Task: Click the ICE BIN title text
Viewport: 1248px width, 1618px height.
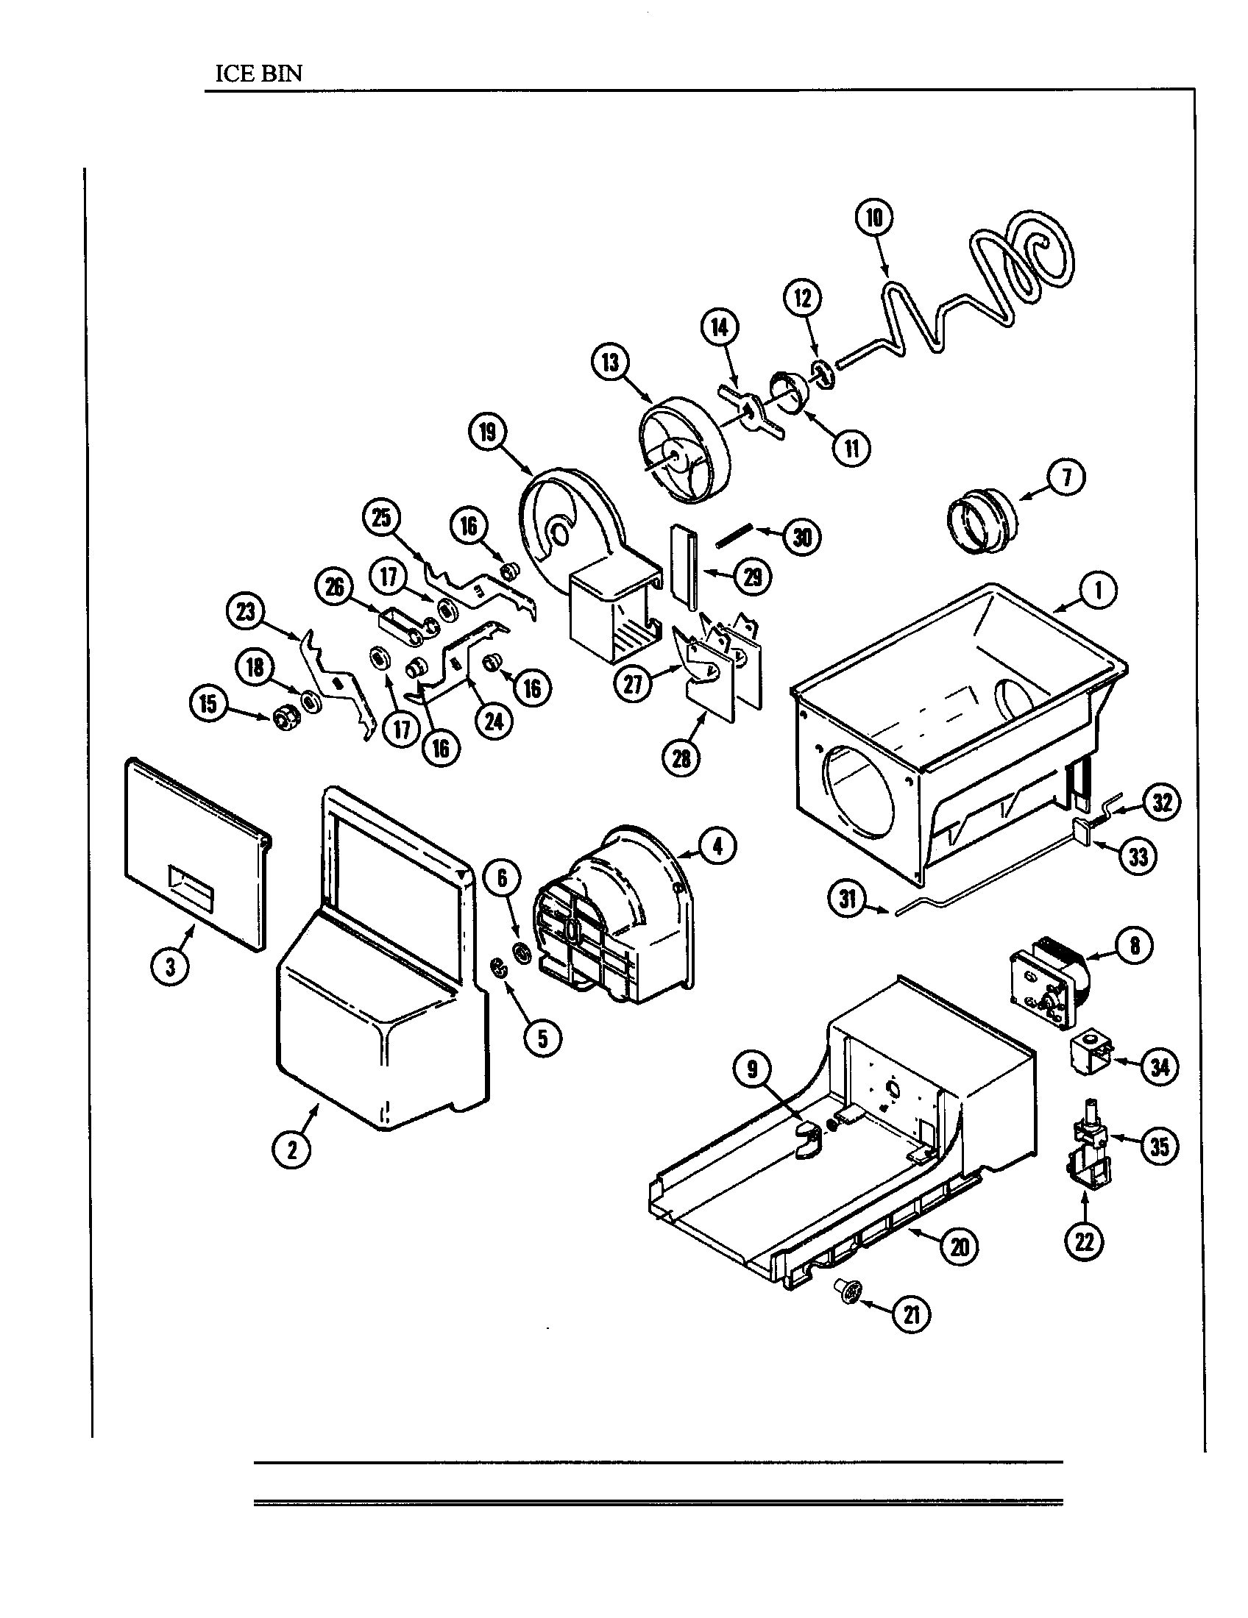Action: [258, 74]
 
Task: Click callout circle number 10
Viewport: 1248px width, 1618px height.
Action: [873, 218]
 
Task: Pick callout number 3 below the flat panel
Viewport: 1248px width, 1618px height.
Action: [171, 966]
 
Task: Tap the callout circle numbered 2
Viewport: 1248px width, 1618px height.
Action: [291, 1149]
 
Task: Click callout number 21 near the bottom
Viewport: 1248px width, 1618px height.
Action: [912, 1314]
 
